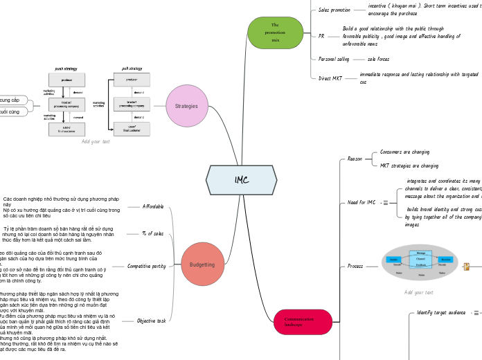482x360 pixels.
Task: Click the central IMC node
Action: (241, 180)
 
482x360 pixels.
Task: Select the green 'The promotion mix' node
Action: (275, 33)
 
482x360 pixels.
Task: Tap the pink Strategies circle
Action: (187, 106)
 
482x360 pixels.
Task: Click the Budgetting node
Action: (202, 264)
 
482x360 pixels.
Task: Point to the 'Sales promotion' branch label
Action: (334, 10)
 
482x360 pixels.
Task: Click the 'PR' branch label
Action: (321, 35)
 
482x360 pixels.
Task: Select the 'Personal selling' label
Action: (334, 60)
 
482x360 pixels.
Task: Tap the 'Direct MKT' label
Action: (330, 78)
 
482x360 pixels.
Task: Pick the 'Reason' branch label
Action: (355, 159)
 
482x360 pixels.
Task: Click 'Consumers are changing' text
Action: (405, 152)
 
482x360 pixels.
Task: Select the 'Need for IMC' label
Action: (361, 202)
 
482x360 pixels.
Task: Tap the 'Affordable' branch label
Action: (153, 206)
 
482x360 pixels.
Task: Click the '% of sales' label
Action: (152, 233)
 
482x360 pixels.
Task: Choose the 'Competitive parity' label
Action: (147, 265)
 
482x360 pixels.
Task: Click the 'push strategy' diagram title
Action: (67, 69)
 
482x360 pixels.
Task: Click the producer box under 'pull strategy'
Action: (132, 80)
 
